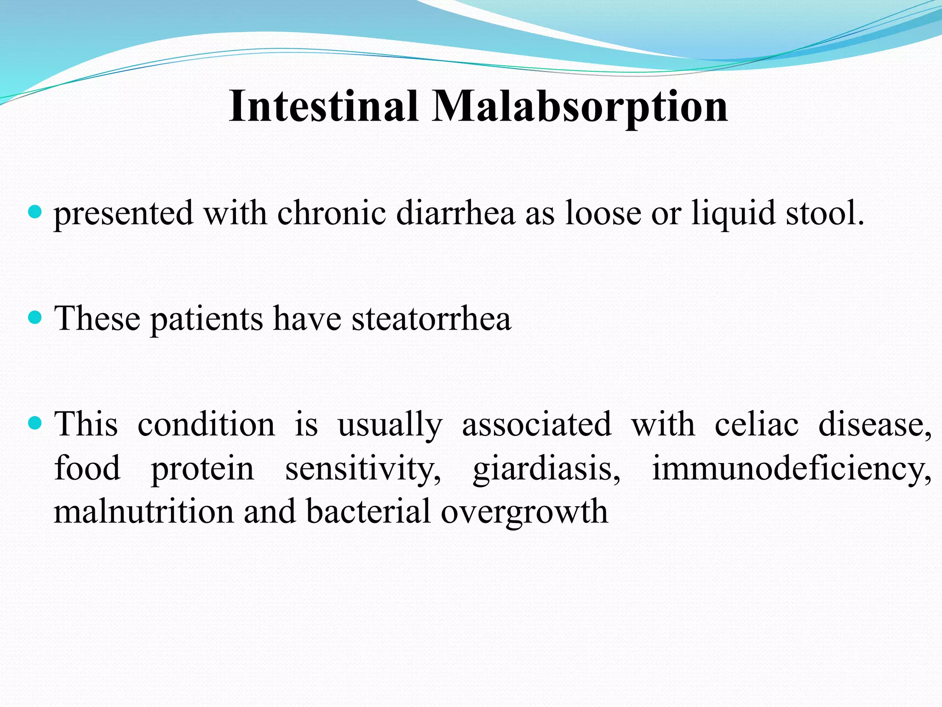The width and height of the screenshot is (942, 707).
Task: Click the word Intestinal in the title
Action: point(323,106)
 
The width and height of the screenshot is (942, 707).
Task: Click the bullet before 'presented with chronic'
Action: point(35,212)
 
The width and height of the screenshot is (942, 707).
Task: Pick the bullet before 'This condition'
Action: point(35,423)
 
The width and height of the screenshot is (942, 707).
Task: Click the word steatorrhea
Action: point(431,319)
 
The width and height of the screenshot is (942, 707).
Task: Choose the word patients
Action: point(207,319)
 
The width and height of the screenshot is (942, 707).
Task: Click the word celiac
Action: point(756,424)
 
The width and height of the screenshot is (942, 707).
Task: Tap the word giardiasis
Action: point(546,469)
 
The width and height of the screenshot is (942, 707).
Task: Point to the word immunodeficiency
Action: point(792,468)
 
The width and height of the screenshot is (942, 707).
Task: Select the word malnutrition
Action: point(144,511)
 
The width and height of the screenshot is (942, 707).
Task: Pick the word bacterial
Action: point(368,511)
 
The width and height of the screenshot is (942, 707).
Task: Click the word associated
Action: point(537,424)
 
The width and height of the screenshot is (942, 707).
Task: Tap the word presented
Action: point(123,214)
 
